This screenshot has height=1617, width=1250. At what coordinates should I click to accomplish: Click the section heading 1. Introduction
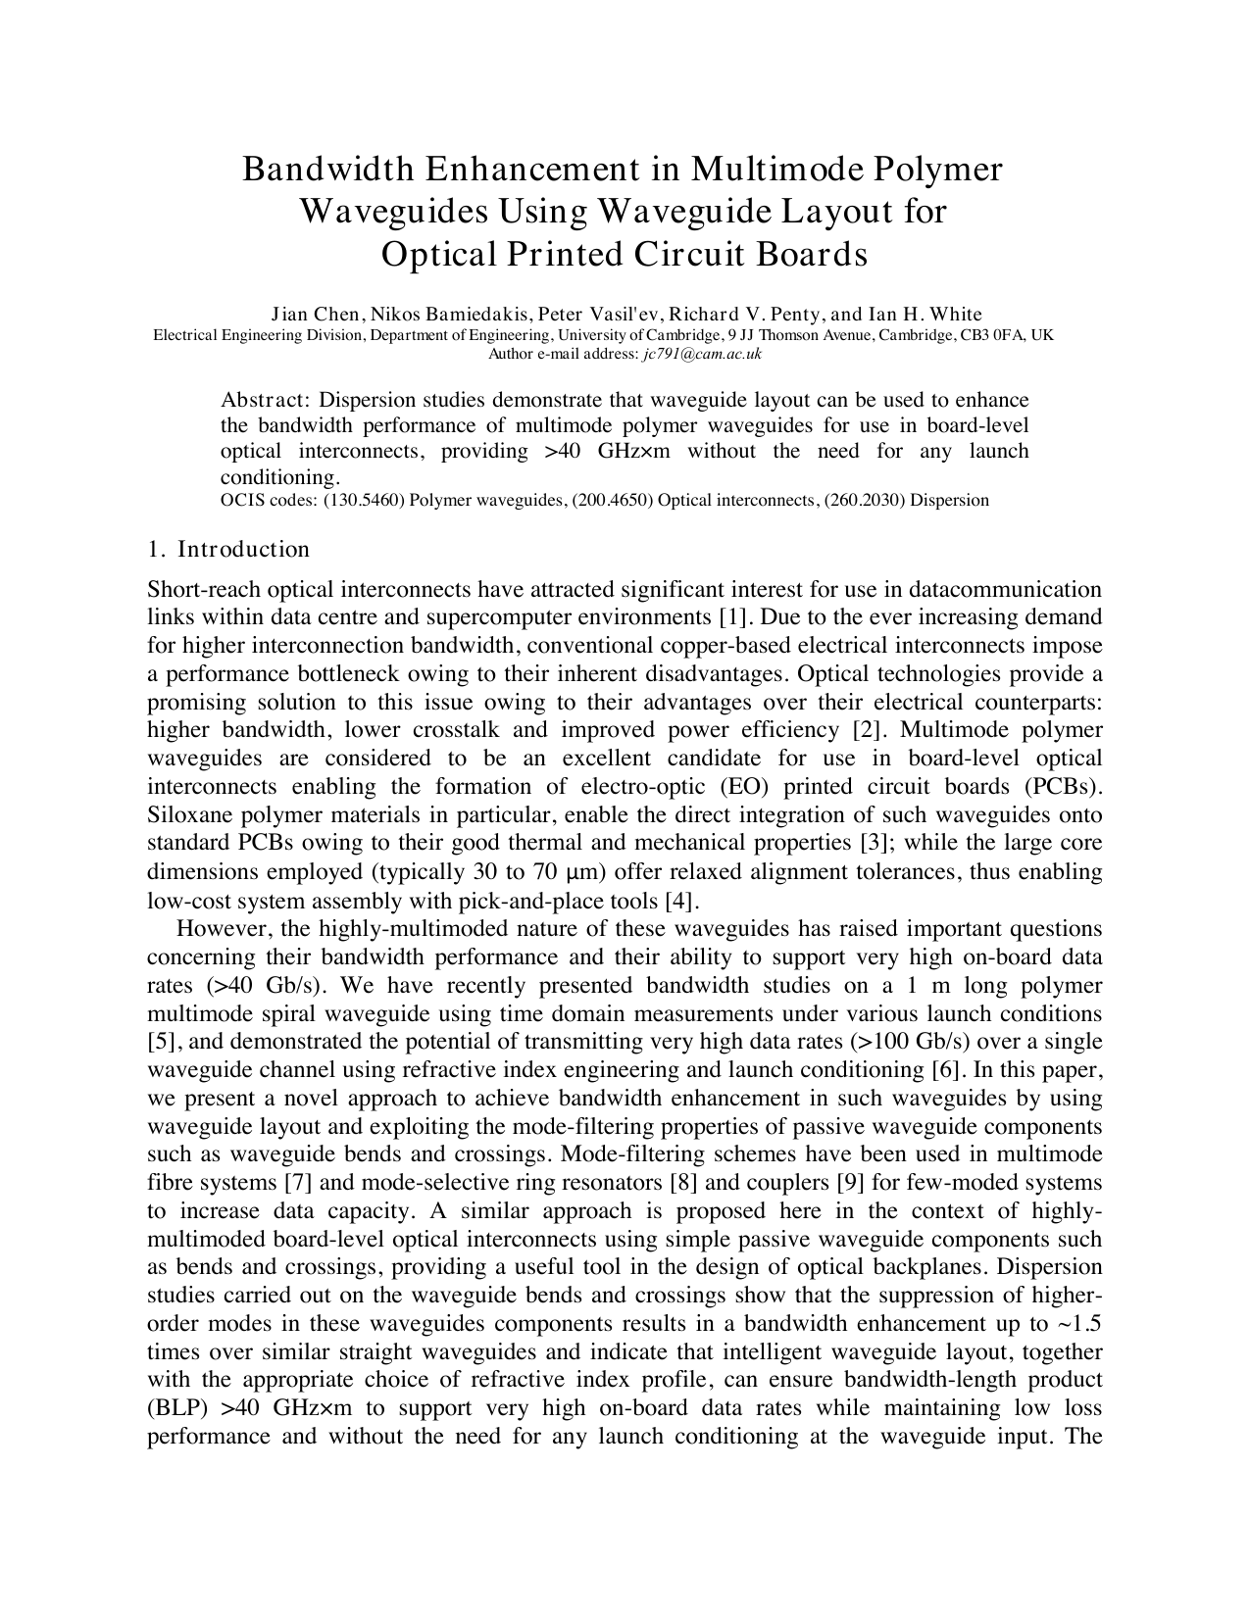coord(228,550)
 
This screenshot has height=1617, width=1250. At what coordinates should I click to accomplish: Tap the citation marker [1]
coord(730,617)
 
